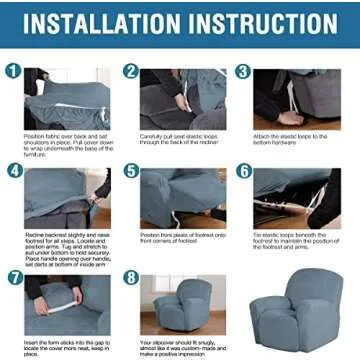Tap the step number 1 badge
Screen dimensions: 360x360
(x=14, y=71)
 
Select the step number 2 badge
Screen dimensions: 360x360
(x=131, y=71)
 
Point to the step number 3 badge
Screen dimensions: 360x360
(x=242, y=71)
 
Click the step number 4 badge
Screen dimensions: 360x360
(x=14, y=170)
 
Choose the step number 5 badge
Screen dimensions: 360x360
(x=131, y=170)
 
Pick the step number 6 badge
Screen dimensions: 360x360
(x=243, y=170)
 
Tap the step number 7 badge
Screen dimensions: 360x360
(x=14, y=276)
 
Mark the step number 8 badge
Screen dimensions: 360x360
(x=131, y=276)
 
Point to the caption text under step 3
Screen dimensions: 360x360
(x=294, y=140)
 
